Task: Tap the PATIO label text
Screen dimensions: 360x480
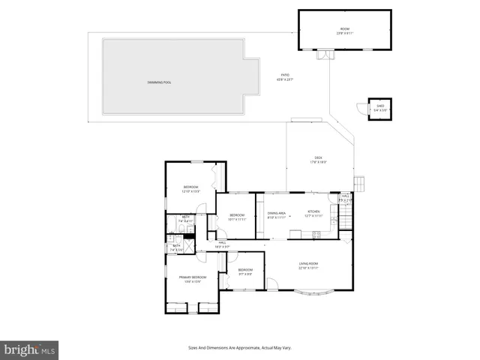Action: click(286, 76)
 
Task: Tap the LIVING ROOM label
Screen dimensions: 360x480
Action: click(309, 265)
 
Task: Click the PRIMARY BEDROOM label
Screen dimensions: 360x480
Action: click(191, 280)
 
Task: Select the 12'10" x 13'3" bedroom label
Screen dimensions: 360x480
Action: click(191, 189)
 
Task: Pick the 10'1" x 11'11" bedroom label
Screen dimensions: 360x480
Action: click(237, 217)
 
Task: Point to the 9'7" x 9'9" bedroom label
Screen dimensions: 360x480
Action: click(245, 271)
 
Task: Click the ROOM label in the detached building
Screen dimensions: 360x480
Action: click(345, 31)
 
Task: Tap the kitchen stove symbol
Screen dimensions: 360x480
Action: click(316, 234)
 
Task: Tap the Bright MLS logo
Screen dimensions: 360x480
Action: click(30, 349)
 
